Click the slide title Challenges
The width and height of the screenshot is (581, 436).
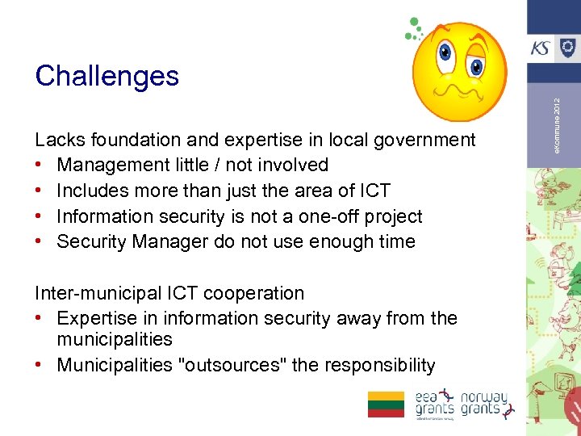click(x=107, y=76)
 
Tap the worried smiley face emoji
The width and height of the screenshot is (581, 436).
click(x=458, y=70)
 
